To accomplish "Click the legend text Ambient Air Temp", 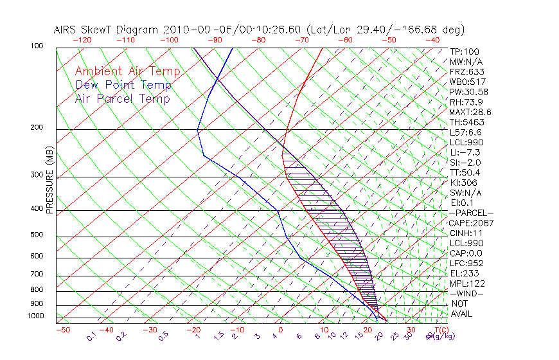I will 127,71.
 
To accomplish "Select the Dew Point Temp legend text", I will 123,85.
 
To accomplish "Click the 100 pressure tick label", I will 37,46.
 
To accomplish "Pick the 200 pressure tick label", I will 37,127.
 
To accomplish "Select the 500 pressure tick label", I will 37,235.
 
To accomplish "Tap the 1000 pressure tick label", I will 35,316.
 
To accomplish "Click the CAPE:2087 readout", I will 471,222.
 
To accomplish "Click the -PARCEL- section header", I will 471,213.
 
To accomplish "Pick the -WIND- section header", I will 467,293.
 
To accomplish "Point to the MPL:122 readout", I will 467,283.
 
